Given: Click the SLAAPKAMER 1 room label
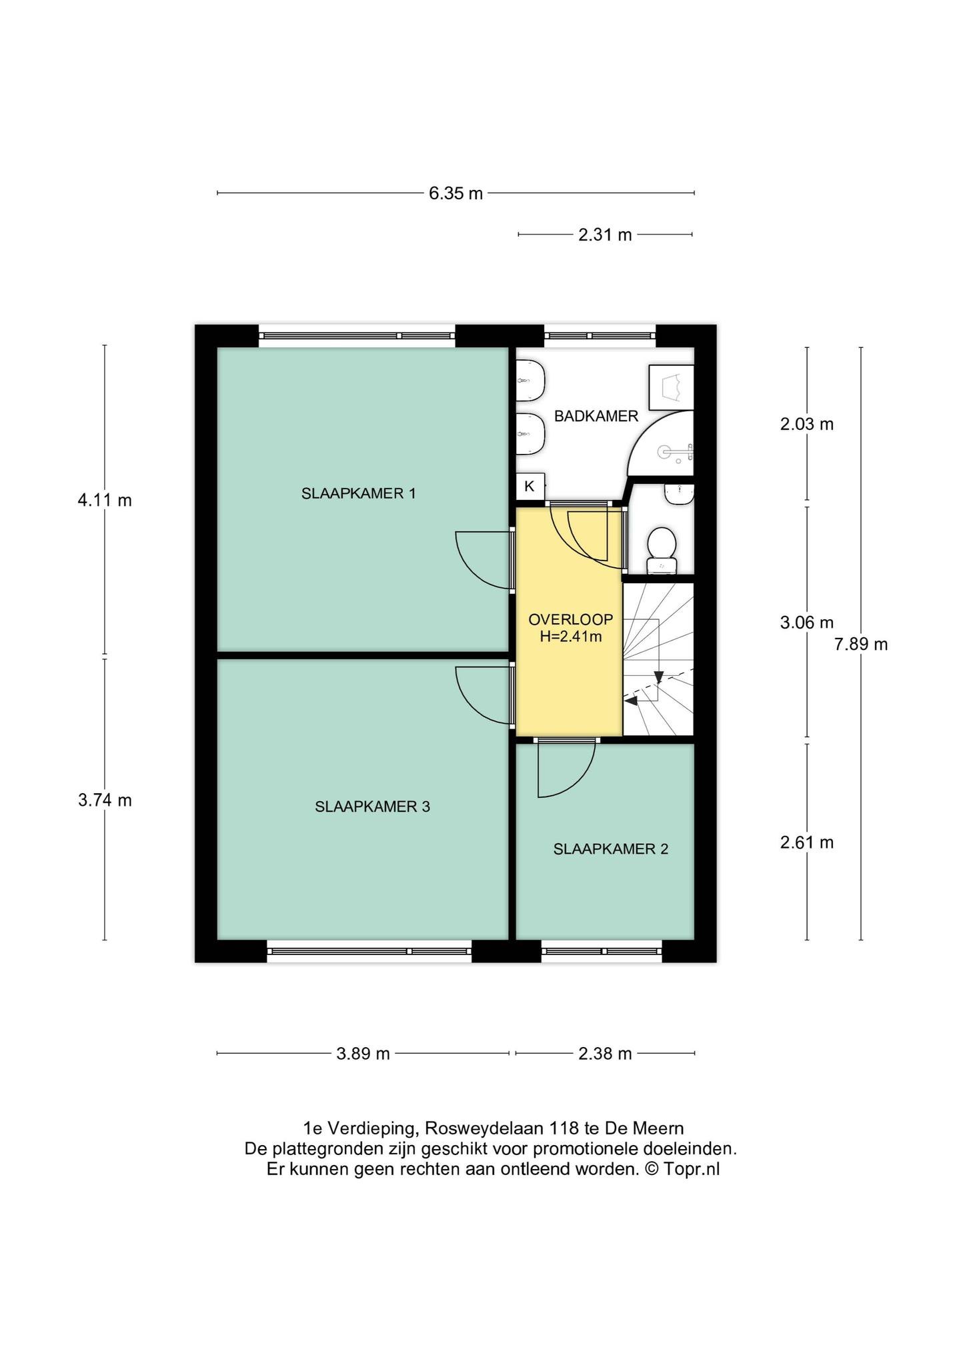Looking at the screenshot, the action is click(359, 494).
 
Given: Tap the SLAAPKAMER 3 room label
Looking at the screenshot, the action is click(372, 807).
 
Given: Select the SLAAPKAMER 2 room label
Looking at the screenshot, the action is click(610, 849).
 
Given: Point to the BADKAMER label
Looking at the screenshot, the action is click(596, 417).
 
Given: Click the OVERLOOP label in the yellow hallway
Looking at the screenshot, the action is click(570, 620).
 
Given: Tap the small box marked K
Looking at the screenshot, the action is click(530, 487).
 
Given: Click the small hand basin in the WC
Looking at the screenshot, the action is click(679, 494).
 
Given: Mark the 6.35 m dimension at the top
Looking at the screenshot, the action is click(455, 194).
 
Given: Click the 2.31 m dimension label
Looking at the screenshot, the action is click(605, 235).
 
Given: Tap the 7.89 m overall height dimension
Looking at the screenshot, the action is click(861, 645).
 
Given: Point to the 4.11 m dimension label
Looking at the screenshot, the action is click(105, 500).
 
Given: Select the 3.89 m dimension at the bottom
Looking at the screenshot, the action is click(363, 1054).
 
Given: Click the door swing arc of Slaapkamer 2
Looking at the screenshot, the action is click(582, 780).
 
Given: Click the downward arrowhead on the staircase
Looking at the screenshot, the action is click(659, 678).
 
